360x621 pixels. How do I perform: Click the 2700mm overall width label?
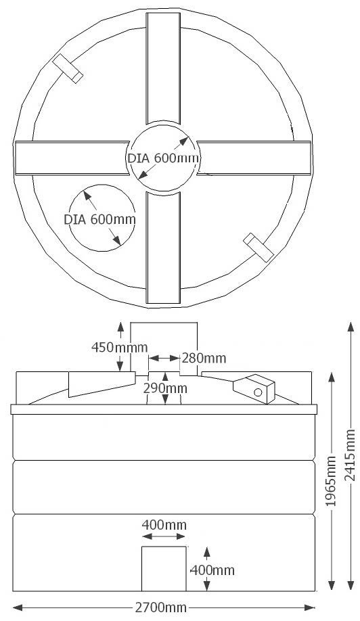tap(160, 607)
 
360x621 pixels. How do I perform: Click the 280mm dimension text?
tap(204, 357)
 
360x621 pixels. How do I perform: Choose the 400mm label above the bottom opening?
tap(164, 525)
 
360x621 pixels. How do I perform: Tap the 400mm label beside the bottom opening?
tap(212, 570)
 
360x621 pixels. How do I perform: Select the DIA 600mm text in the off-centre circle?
tap(99, 219)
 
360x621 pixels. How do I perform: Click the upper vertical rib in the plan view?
tap(163, 68)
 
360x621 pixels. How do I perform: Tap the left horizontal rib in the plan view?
tap(70, 158)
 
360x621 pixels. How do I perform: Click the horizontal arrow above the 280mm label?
tap(164, 357)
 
